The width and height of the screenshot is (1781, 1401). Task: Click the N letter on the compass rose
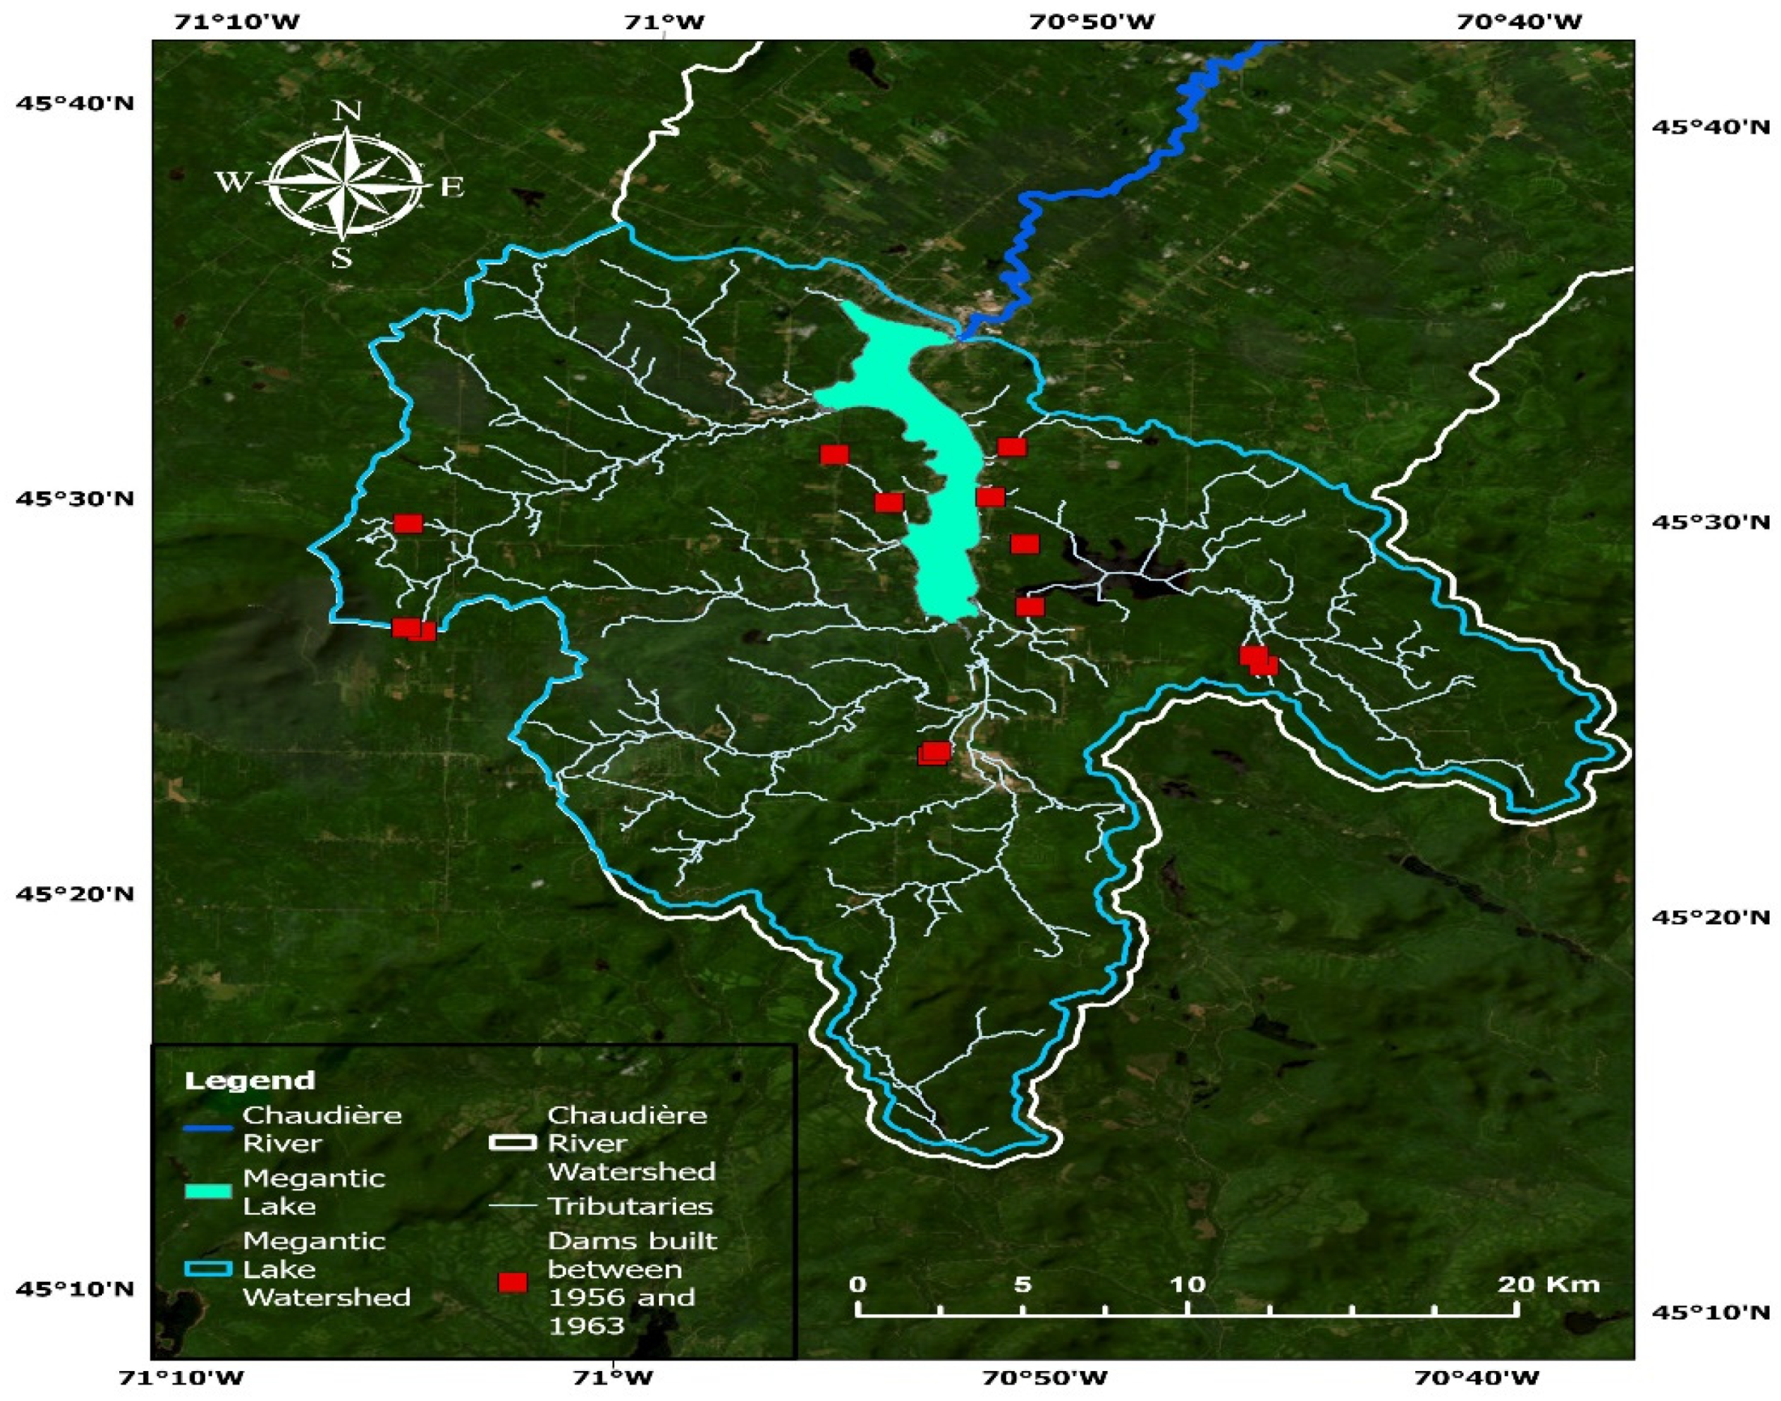pos(347,112)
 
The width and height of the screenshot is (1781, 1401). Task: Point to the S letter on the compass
pos(341,259)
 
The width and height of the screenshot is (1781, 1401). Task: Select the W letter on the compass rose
pos(232,181)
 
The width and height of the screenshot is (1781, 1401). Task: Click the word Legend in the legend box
pos(250,1079)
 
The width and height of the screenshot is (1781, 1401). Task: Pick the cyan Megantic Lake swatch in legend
pos(208,1191)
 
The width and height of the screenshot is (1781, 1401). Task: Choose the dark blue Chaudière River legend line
pos(208,1129)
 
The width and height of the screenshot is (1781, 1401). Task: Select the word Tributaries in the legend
pos(630,1206)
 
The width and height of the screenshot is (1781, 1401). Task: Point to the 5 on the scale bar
pos(1022,1284)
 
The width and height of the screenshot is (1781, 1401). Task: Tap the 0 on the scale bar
pos(858,1284)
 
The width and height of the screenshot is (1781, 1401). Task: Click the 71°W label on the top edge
pos(664,21)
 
